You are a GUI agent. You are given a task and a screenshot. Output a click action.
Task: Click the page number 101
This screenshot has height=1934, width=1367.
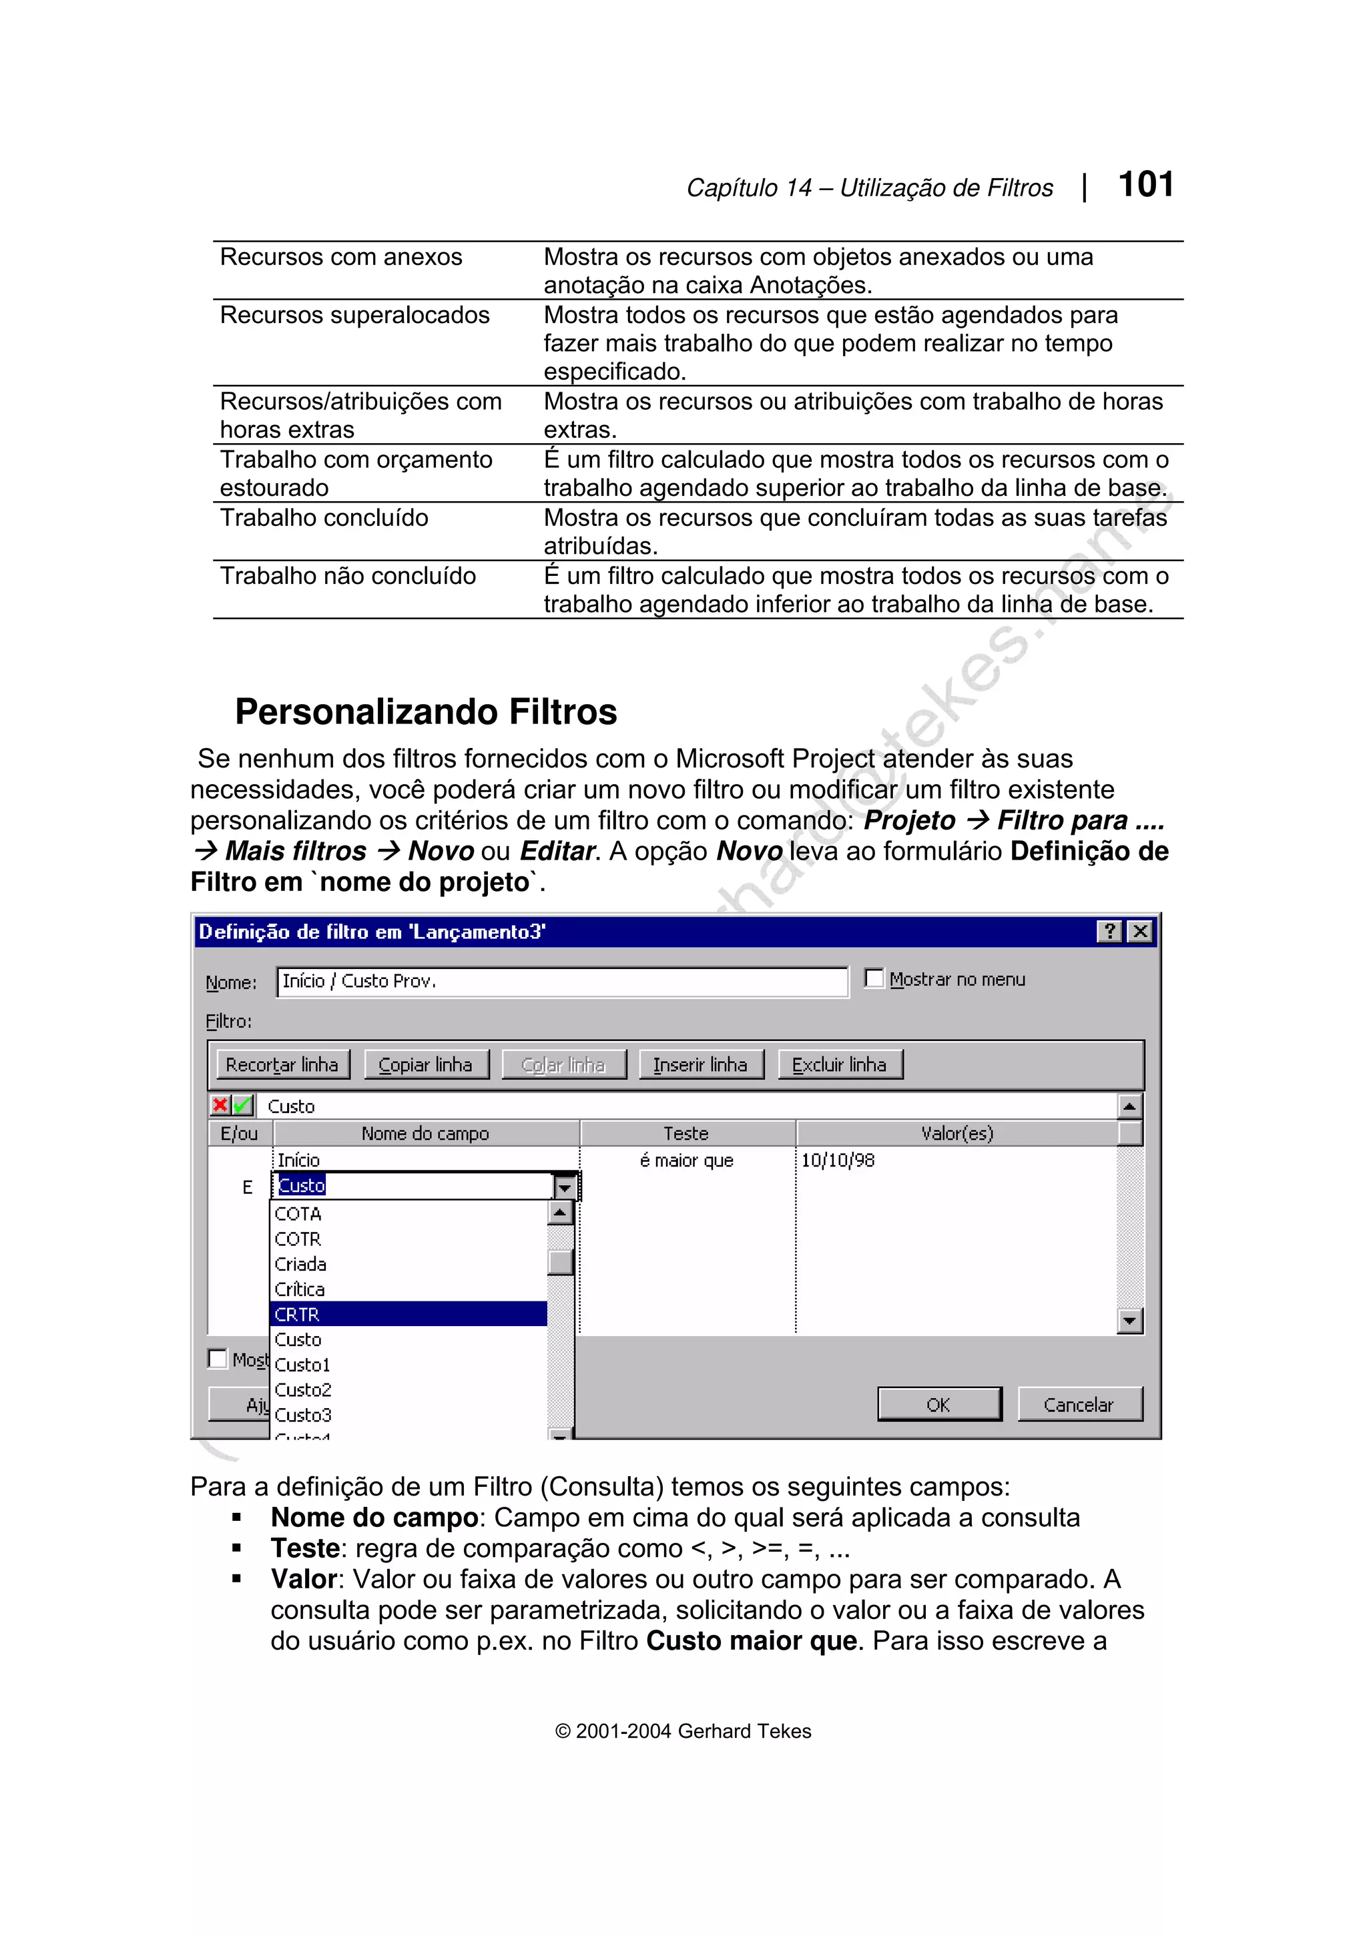(1145, 184)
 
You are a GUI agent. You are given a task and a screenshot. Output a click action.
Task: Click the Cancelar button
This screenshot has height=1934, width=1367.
(1079, 1404)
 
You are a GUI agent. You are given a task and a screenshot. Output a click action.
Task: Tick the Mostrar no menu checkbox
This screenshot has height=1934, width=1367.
(875, 979)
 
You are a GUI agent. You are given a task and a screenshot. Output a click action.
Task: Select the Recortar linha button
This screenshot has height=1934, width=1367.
(282, 1064)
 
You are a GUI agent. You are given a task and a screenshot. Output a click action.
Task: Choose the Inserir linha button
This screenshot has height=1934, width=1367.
(700, 1064)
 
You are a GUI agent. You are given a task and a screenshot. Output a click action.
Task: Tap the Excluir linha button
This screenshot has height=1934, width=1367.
(839, 1064)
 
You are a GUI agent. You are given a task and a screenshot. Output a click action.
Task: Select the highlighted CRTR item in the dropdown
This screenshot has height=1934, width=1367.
(408, 1314)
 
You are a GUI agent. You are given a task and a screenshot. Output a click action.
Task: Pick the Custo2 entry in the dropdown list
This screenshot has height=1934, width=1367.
(303, 1390)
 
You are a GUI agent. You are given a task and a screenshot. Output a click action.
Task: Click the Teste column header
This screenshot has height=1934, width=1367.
(686, 1134)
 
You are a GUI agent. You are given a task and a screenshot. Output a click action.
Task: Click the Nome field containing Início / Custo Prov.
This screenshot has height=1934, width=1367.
(562, 981)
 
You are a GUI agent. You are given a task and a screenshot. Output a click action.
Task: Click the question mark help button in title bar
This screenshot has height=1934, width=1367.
(1110, 932)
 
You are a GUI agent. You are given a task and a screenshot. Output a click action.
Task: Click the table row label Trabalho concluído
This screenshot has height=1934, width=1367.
(324, 518)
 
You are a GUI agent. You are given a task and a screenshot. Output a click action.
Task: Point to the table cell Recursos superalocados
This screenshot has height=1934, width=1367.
(354, 315)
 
